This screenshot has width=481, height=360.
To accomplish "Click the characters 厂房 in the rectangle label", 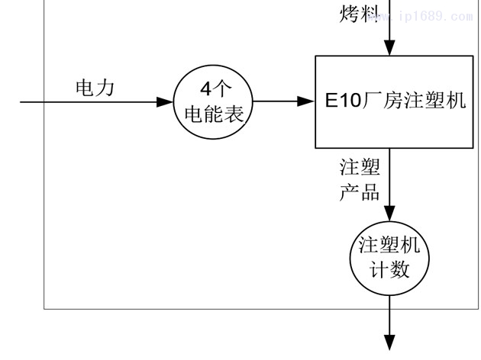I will (x=385, y=101).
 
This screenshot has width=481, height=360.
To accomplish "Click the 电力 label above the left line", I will (x=95, y=88).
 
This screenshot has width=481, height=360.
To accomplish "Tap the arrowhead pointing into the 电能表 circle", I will (x=165, y=101).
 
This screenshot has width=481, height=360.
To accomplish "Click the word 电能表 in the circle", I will (x=214, y=114).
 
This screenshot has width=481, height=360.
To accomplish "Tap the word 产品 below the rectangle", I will (x=360, y=191).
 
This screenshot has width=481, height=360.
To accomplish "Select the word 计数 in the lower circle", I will (x=390, y=269).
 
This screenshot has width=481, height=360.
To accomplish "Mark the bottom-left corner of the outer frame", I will (x=44, y=309).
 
